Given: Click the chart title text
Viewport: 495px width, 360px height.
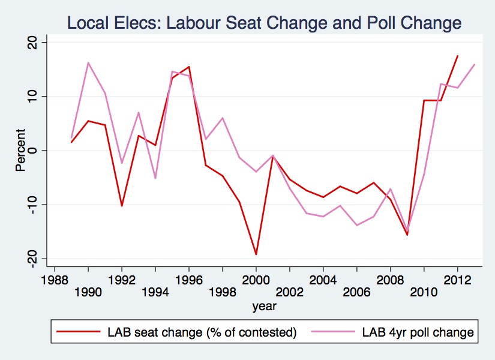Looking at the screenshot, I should [264, 23].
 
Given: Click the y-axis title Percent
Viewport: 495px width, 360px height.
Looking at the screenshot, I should [21, 150].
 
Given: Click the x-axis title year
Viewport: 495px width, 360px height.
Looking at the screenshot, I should [264, 306].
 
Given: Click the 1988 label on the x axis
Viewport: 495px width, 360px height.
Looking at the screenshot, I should [55, 280].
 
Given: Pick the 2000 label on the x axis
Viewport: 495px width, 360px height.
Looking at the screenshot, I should [256, 280].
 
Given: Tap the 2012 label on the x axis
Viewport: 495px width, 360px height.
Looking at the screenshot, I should [457, 280].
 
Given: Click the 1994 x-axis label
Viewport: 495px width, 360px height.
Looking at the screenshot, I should [155, 292].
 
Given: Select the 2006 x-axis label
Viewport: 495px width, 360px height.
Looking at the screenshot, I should [356, 292].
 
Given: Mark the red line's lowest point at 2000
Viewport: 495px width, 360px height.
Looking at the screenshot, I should [256, 254].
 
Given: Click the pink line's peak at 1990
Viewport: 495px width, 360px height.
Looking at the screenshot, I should [88, 62].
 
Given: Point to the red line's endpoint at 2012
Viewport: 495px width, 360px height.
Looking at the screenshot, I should [457, 56].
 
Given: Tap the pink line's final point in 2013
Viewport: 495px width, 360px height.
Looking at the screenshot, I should [474, 64].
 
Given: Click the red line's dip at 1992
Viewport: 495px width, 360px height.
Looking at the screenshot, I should [122, 206].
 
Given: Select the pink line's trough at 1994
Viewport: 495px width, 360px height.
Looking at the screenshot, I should [155, 178].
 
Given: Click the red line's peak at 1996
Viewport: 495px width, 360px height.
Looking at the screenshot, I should [189, 67].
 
